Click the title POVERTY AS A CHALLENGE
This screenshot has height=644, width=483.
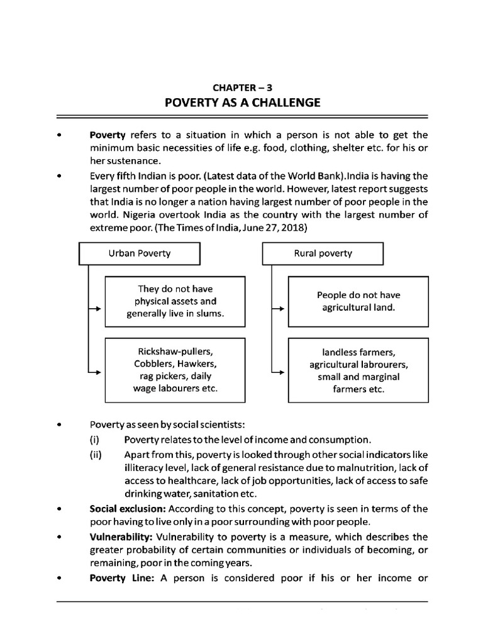[242, 103]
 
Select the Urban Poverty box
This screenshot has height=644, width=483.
[139, 253]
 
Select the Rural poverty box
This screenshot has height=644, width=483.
[323, 253]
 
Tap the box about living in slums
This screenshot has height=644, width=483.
[174, 301]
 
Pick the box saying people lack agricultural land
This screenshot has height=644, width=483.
[358, 301]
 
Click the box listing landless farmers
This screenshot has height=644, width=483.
[358, 370]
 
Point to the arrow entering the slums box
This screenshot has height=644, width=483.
[96, 309]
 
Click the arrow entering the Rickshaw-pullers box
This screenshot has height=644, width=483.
[96, 373]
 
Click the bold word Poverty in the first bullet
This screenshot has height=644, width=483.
[108, 135]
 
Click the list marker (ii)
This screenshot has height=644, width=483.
[96, 453]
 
